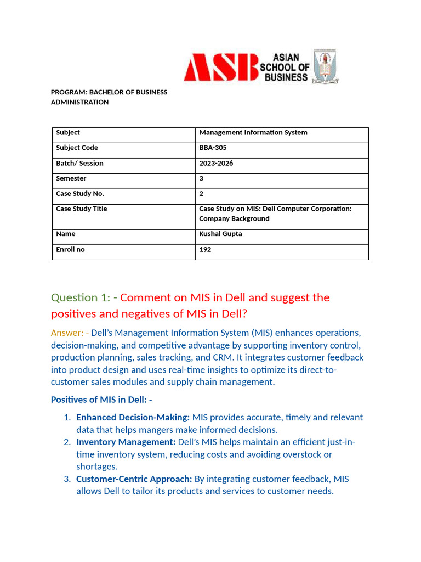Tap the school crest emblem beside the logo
click(x=325, y=66)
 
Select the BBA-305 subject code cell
click(x=213, y=148)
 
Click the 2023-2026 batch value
click(x=216, y=163)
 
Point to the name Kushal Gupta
click(x=220, y=234)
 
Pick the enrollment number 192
click(x=205, y=249)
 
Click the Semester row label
click(x=71, y=178)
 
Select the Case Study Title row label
click(x=82, y=209)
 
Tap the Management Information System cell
click(x=253, y=132)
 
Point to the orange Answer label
click(x=66, y=333)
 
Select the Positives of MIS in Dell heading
click(x=101, y=400)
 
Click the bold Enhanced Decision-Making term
click(x=133, y=418)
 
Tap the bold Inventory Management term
click(x=126, y=442)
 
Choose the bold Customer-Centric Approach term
click(x=134, y=479)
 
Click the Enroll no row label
click(x=70, y=249)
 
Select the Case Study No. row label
click(x=80, y=193)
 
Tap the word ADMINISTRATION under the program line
click(x=79, y=102)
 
